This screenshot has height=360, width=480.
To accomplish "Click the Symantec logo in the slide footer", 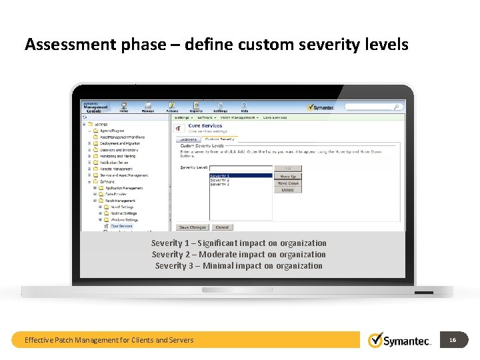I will click(400, 340).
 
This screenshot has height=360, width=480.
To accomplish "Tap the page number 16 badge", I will click(453, 340).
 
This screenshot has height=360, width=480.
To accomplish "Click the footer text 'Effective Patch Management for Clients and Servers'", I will click(109, 340).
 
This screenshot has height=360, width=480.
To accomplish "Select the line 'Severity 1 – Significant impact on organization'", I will click(239, 243).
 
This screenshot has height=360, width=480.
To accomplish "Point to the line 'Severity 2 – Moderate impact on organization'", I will click(239, 255).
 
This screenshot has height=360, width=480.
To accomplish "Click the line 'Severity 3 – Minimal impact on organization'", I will click(239, 266).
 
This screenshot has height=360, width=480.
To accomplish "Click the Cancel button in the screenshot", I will click(222, 227).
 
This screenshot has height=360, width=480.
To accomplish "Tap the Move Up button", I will click(288, 176).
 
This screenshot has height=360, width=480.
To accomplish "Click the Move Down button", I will click(288, 183).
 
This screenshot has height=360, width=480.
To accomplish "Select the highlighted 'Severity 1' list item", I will click(241, 175).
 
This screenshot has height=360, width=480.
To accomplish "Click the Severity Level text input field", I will click(241, 168).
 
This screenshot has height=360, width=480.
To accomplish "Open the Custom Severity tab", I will click(219, 139).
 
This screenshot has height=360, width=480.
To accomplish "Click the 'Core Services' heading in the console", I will click(205, 125).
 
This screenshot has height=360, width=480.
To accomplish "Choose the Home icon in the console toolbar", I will click(124, 107).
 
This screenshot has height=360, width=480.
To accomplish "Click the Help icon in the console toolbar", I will click(244, 107).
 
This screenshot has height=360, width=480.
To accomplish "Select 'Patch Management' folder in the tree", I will click(120, 201).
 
